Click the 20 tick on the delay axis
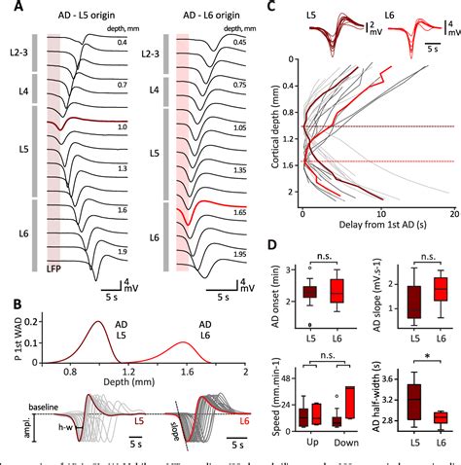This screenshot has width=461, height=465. (454, 215)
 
